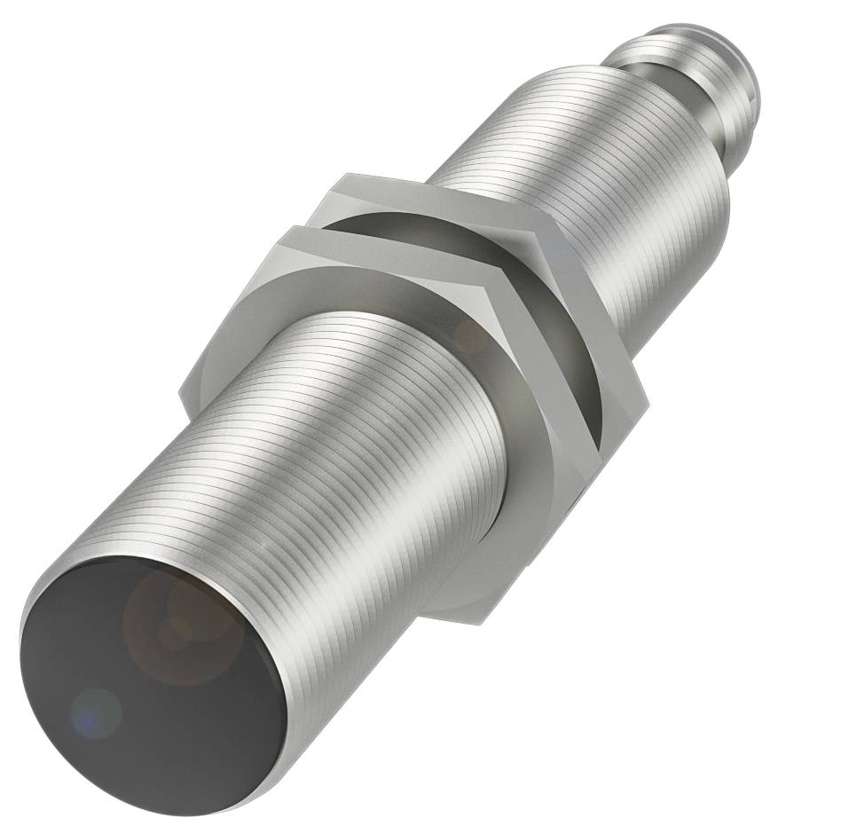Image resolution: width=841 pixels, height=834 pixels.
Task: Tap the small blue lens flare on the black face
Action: pos(95,710)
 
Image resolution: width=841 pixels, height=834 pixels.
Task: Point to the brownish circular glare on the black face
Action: pos(182,625)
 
